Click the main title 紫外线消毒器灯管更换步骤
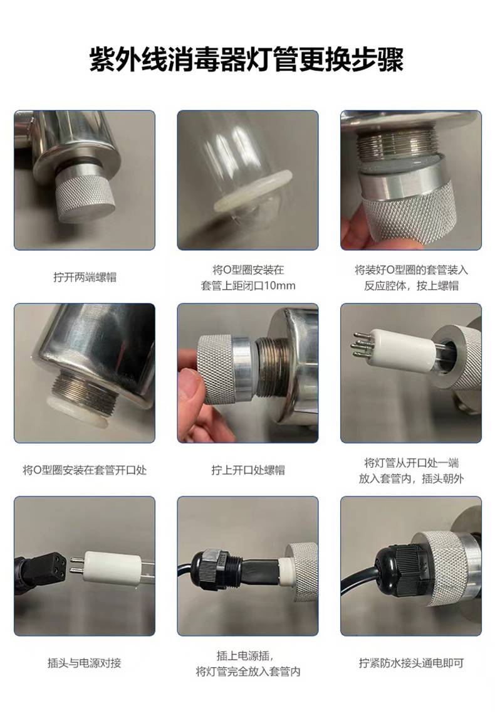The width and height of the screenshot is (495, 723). [247, 59]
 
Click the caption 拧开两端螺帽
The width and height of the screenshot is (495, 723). [85, 277]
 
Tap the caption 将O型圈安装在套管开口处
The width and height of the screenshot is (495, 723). [85, 470]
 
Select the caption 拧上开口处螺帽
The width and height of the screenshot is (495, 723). [248, 470]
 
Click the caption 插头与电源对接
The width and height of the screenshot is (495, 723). [85, 663]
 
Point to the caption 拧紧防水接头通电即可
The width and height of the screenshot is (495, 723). [411, 663]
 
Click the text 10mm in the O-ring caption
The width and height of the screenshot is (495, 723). [279, 285]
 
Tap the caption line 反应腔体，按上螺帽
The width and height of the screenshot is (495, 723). [411, 285]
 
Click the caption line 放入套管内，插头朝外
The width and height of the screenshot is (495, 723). [411, 478]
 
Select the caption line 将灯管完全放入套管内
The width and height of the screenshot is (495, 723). [248, 672]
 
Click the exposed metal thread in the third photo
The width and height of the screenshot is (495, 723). [397, 142]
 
